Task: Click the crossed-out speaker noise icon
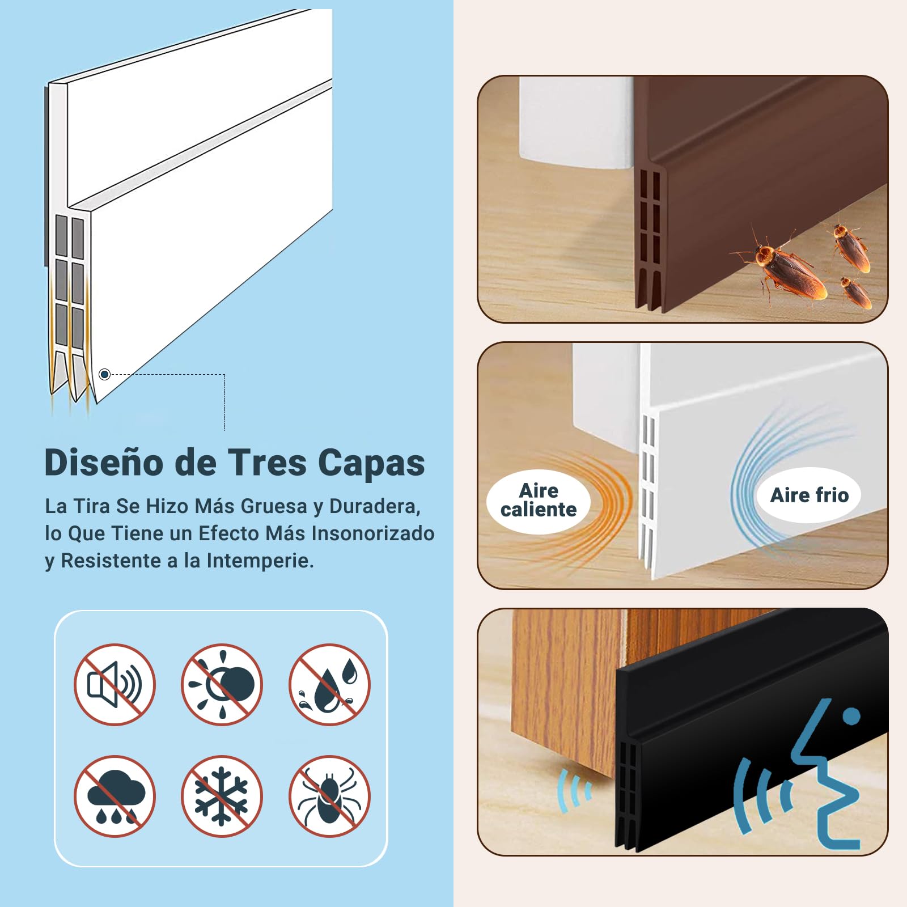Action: pos(115,684)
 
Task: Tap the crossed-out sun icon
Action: pos(222,684)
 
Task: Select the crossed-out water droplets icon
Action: pos(329,684)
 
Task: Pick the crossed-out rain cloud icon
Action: pos(115,796)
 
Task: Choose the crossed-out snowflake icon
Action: pos(222,796)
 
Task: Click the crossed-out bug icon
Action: pos(329,796)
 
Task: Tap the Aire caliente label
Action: pos(539,501)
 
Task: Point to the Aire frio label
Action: pos(809,495)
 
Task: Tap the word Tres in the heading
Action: pos(267,463)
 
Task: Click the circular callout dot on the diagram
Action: pos(104,374)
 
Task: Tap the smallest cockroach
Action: pos(855,291)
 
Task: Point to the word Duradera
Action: pos(375,506)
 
